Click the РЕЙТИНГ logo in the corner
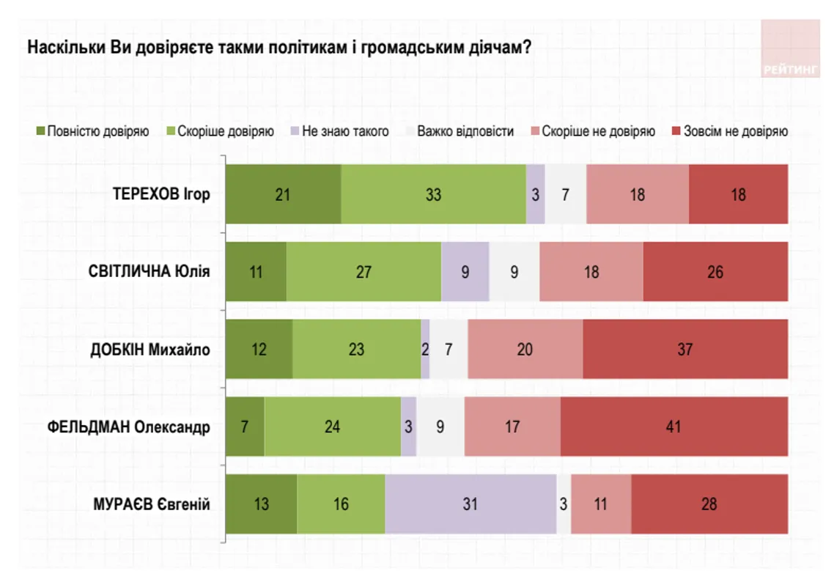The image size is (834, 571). (790, 48)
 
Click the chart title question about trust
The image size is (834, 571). (279, 48)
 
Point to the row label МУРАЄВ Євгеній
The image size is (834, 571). (152, 504)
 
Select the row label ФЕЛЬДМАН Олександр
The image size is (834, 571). (128, 427)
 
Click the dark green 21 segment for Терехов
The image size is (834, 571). (284, 194)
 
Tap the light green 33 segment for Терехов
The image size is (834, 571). (434, 194)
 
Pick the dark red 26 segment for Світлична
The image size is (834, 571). (715, 272)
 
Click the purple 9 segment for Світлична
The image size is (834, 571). (465, 272)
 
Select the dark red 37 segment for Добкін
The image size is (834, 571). (685, 350)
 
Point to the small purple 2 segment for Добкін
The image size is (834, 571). (425, 350)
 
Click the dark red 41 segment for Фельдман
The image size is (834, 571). (674, 427)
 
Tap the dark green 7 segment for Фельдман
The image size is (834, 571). (245, 427)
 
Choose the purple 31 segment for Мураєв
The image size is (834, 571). (470, 504)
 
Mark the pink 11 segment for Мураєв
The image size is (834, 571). (601, 504)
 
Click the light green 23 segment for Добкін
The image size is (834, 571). (357, 350)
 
